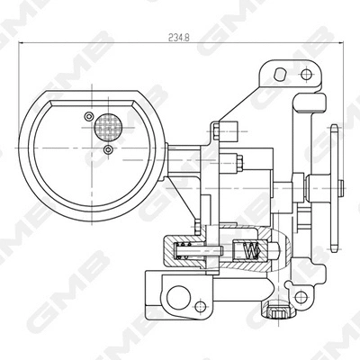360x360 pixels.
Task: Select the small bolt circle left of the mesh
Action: coord(87,116)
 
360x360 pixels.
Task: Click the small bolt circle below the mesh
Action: coord(109,148)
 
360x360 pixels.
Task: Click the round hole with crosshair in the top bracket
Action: coord(305,74)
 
